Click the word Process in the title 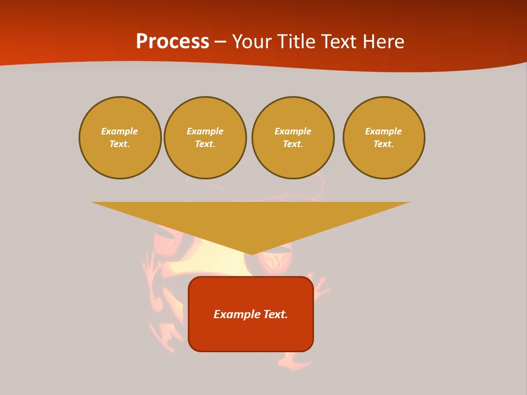click(x=172, y=42)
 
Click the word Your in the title click(x=253, y=42)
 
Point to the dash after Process click(x=220, y=42)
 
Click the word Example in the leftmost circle click(x=120, y=131)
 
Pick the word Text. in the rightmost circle click(x=384, y=144)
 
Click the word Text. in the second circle click(x=205, y=144)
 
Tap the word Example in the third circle click(x=293, y=131)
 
